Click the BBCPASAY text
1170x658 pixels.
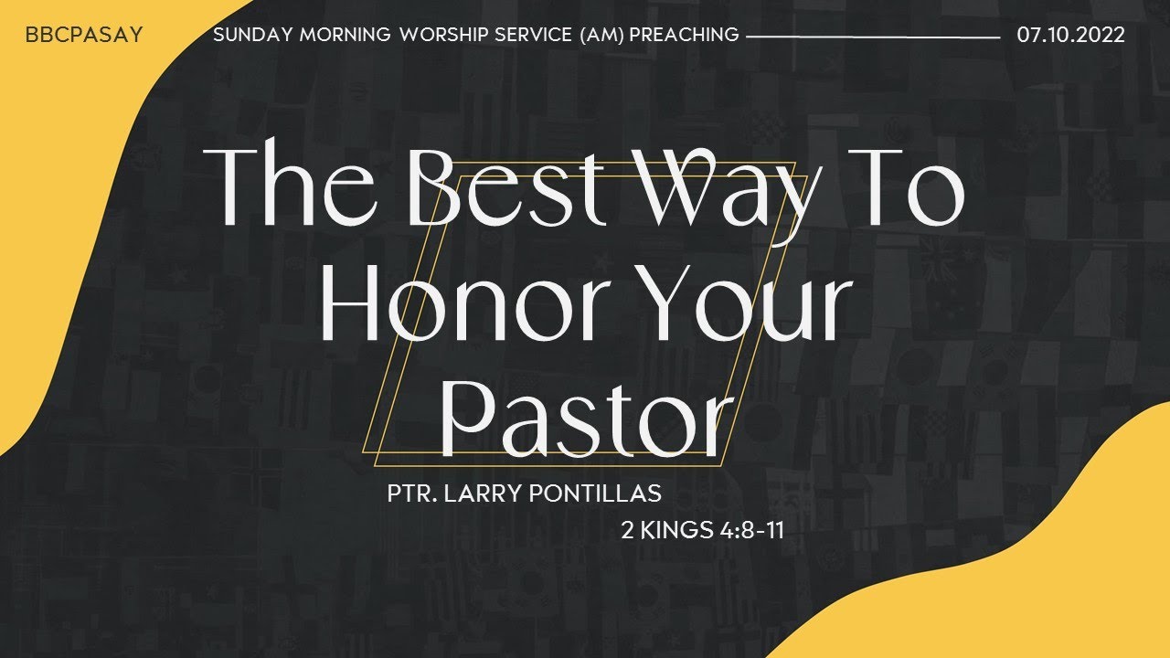[84, 36]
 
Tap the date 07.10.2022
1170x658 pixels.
[1070, 36]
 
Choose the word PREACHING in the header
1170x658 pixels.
[685, 36]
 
